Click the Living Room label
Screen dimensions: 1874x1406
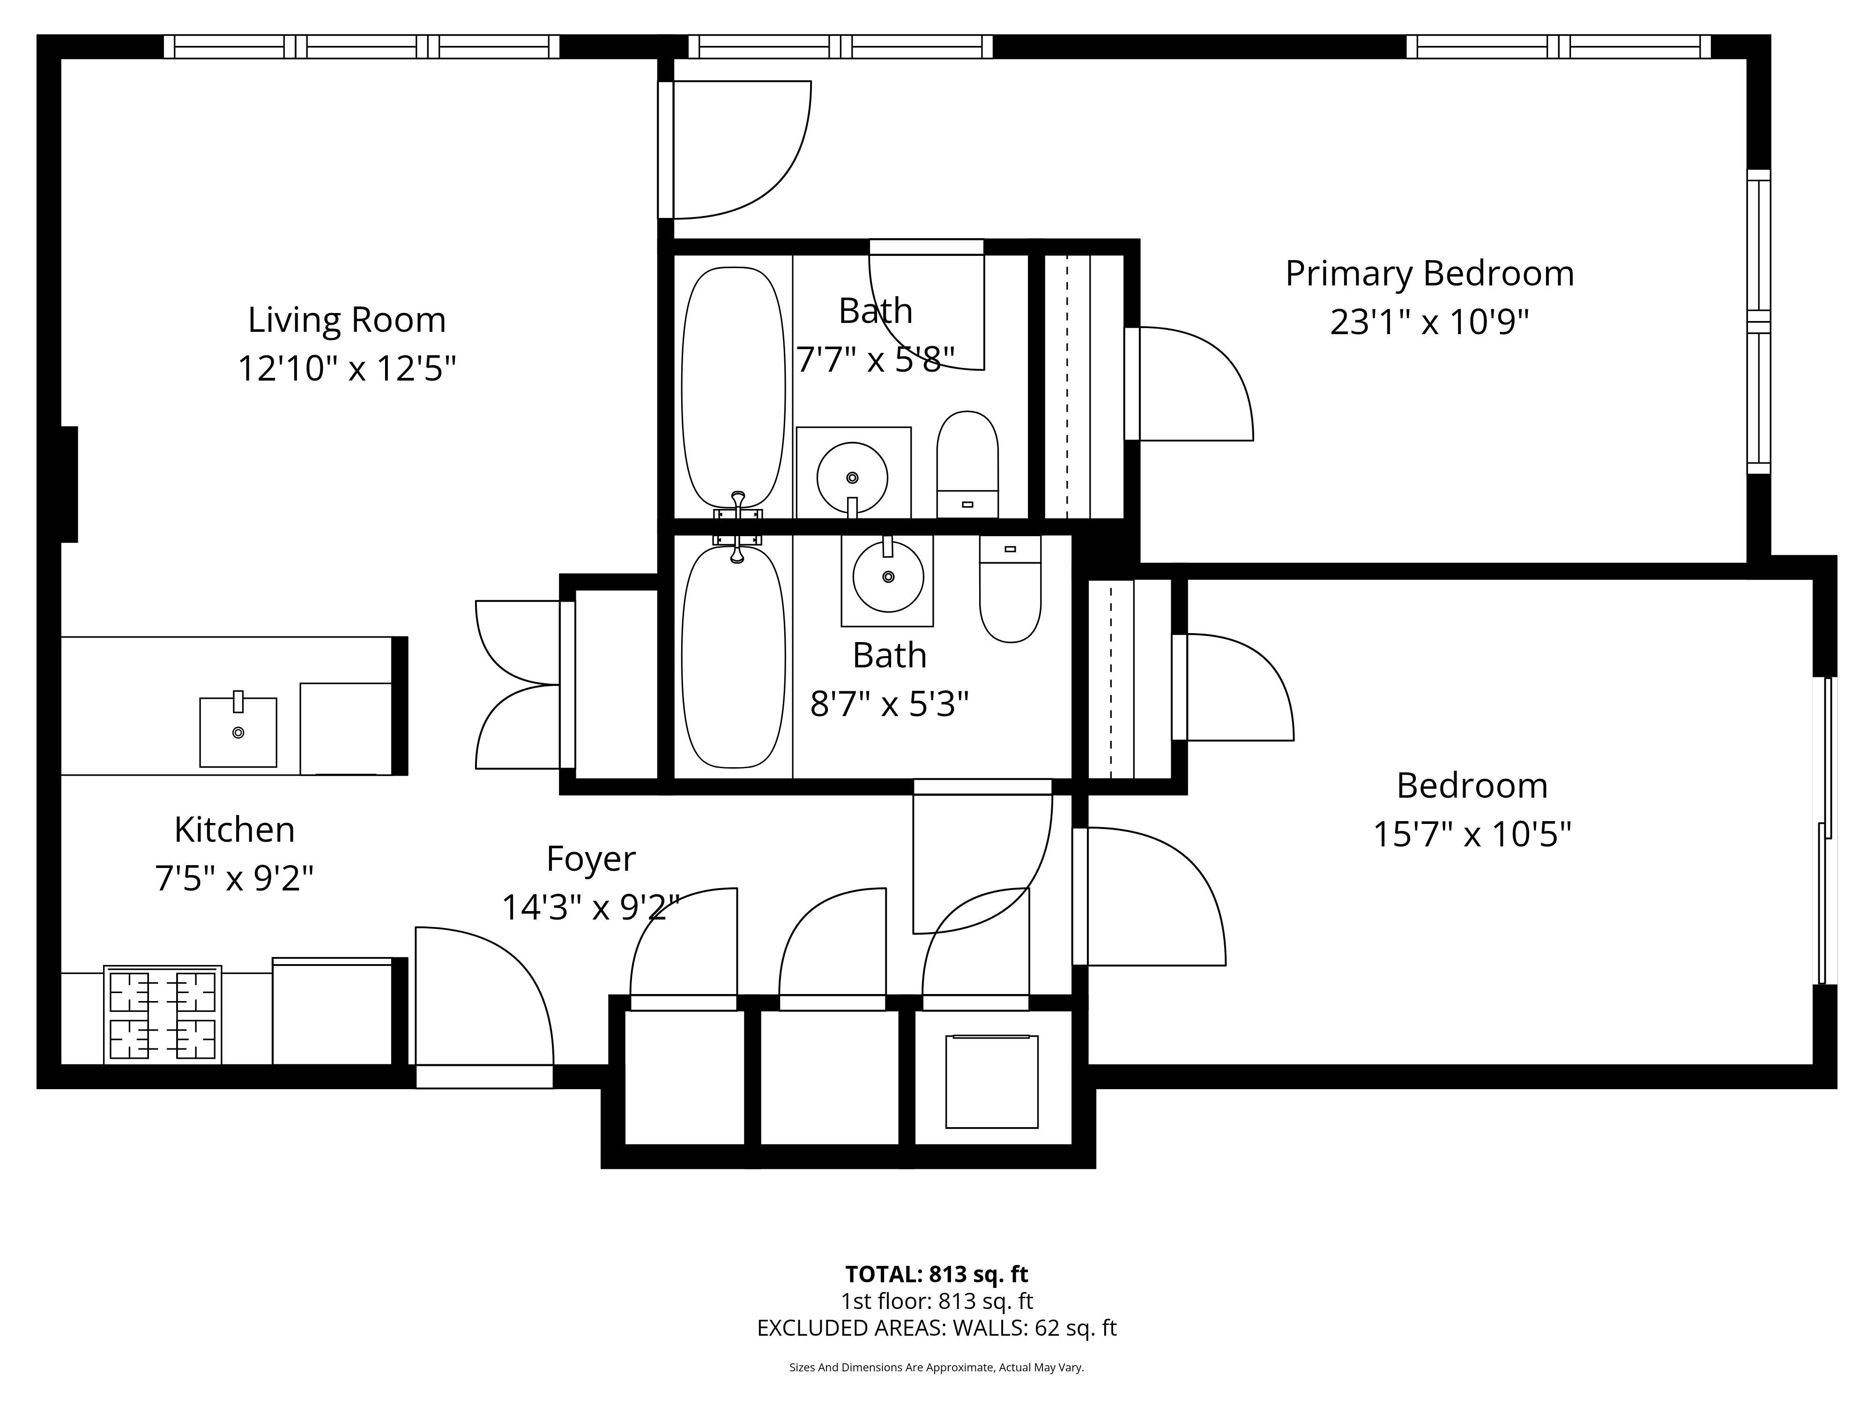(347, 320)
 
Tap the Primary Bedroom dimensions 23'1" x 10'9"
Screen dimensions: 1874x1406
(1429, 322)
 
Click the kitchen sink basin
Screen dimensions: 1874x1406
(238, 732)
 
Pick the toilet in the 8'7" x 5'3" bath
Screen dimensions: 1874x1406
(1010, 588)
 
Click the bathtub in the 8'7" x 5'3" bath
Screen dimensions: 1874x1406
(734, 657)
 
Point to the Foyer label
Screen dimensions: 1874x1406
(590, 859)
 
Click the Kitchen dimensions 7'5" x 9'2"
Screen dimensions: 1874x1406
(235, 878)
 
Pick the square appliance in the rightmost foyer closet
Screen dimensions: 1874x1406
(992, 1081)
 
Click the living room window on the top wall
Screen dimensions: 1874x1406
(362, 46)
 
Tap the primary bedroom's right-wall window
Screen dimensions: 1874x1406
(1759, 322)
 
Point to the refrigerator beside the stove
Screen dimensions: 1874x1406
(332, 1011)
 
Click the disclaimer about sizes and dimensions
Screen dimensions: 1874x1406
(937, 1367)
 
